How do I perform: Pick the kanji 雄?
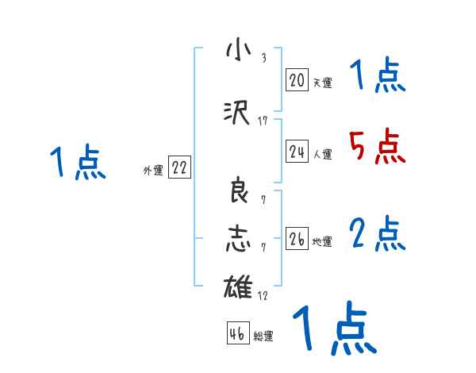pos(237,285)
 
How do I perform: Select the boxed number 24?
pos(297,152)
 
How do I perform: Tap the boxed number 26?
pos(297,239)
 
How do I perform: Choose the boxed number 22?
pos(180,167)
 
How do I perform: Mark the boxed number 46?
pos(237,333)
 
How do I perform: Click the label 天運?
pos(322,82)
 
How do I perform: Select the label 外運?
pos(153,170)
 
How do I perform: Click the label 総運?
pos(263,336)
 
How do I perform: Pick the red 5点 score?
pos(377,146)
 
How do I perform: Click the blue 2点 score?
pos(377,233)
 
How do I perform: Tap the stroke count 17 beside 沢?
pos(263,121)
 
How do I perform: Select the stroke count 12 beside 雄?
pos(263,296)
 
